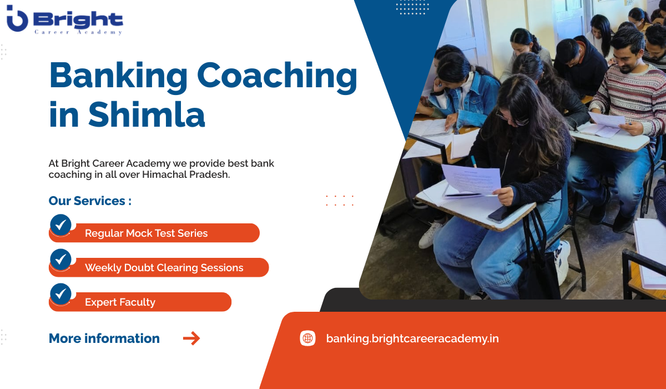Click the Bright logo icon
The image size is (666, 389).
click(x=17, y=21)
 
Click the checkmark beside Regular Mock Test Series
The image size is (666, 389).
click(x=60, y=225)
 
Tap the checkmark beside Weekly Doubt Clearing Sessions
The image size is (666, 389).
click(x=60, y=260)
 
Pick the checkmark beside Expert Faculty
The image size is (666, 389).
click(x=60, y=294)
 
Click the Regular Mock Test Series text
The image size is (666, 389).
click(x=146, y=233)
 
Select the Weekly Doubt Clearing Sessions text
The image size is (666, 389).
click(x=164, y=268)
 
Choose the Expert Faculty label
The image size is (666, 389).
click(x=120, y=302)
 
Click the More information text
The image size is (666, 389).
click(x=104, y=338)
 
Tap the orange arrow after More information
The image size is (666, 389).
click(x=191, y=338)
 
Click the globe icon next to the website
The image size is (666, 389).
click(x=307, y=338)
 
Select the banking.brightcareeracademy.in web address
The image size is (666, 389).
click(x=412, y=338)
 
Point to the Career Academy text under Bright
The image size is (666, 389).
click(x=78, y=32)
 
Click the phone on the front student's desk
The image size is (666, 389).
click(x=498, y=214)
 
